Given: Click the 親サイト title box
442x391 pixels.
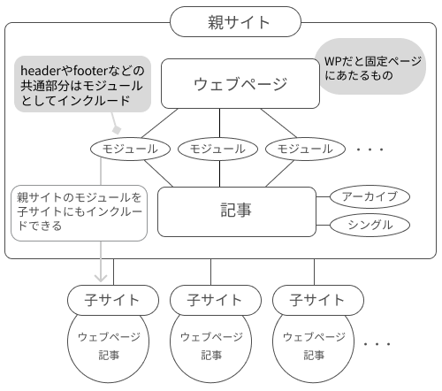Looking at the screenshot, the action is (235, 21).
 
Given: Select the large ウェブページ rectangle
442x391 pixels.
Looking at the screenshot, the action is (240, 84).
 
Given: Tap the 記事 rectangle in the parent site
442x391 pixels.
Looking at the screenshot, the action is (237, 211).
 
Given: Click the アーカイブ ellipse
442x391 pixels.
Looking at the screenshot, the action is (370, 196).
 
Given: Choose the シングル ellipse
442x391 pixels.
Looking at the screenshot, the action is (370, 226).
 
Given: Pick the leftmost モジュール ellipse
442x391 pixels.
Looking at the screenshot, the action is (130, 149).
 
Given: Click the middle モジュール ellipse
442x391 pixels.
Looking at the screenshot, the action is (217, 149).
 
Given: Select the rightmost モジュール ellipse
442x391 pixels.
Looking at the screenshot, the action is (305, 149).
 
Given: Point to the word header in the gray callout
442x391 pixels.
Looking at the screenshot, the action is (41, 71).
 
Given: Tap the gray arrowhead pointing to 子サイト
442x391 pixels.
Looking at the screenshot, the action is (101, 278).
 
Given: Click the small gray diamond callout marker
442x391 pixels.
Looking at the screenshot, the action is (117, 130).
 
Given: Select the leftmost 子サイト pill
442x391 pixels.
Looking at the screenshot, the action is (113, 300).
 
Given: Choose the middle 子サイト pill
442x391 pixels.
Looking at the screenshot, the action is (216, 300).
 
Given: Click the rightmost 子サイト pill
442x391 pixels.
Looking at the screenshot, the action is (318, 300).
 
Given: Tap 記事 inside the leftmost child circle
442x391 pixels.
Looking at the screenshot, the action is (109, 355).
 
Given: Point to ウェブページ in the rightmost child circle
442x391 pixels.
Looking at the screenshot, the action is (314, 337).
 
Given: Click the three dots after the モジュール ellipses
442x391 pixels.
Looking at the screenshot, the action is (370, 149).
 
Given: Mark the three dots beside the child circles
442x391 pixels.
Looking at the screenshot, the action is (377, 344).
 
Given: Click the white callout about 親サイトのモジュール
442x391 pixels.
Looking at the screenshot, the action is (79, 213).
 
